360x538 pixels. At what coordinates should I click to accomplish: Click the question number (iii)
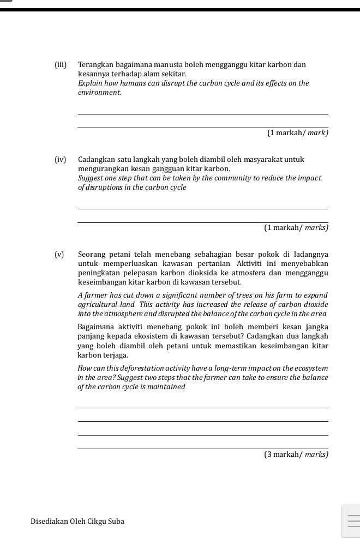tap(61, 65)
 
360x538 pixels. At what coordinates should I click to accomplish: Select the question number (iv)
tap(61, 160)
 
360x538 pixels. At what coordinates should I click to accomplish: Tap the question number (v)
tap(59, 255)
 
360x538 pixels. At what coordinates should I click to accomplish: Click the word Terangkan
tap(96, 65)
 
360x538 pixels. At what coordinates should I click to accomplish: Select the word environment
tap(99, 93)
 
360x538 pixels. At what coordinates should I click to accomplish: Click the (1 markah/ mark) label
tap(297, 133)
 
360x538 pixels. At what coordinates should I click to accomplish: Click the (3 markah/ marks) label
tap(296, 454)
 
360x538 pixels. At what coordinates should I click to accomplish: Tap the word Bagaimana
tap(97, 327)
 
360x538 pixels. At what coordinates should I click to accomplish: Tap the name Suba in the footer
tap(116, 522)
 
